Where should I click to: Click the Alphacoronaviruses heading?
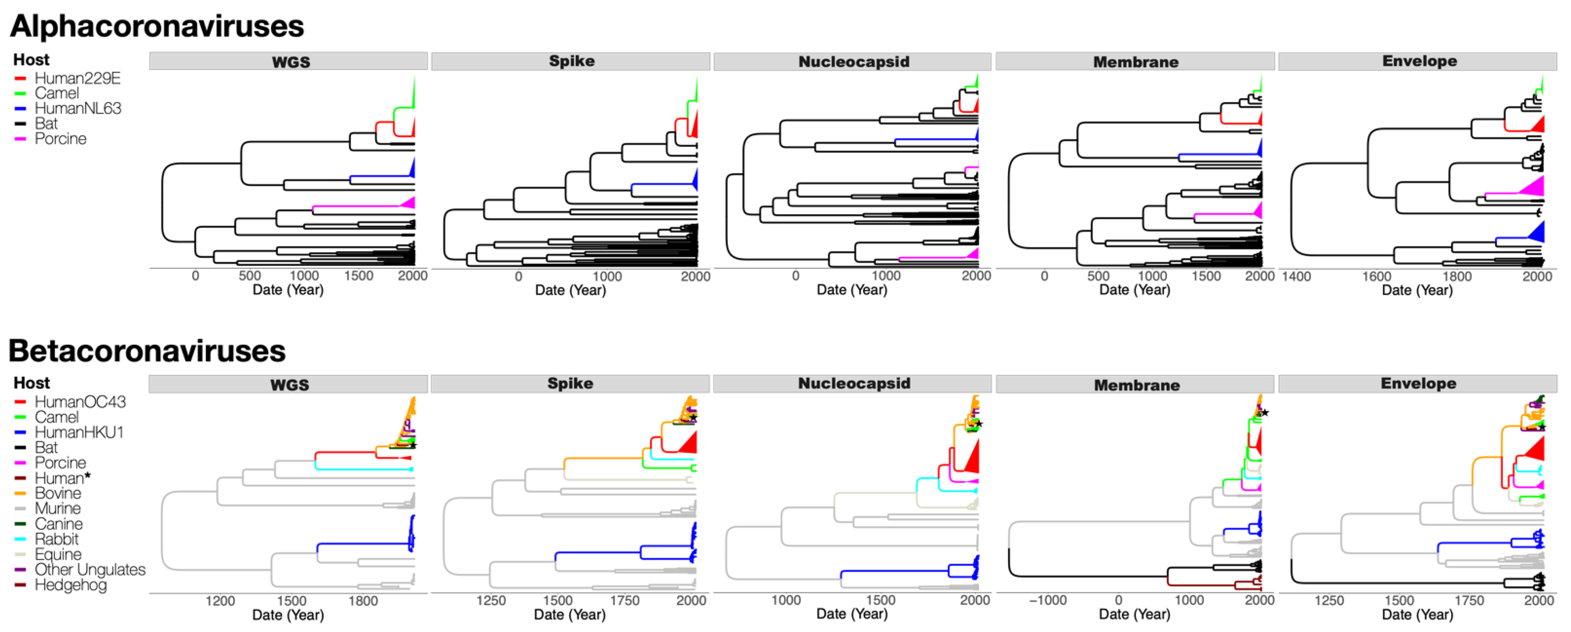pyautogui.click(x=157, y=26)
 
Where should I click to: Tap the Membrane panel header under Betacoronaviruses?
pyautogui.click(x=1136, y=385)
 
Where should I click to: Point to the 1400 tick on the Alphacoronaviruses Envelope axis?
pyautogui.click(x=1296, y=276)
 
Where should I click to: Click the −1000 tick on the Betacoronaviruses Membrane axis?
pyautogui.click(x=1048, y=600)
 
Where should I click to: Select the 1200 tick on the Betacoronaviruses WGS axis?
pyautogui.click(x=220, y=601)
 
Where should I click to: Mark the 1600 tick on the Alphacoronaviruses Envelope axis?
pyautogui.click(x=1377, y=276)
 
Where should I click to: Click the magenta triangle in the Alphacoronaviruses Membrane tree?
pyautogui.click(x=1257, y=211)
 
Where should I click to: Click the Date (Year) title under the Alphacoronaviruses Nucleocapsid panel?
pyautogui.click(x=852, y=290)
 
